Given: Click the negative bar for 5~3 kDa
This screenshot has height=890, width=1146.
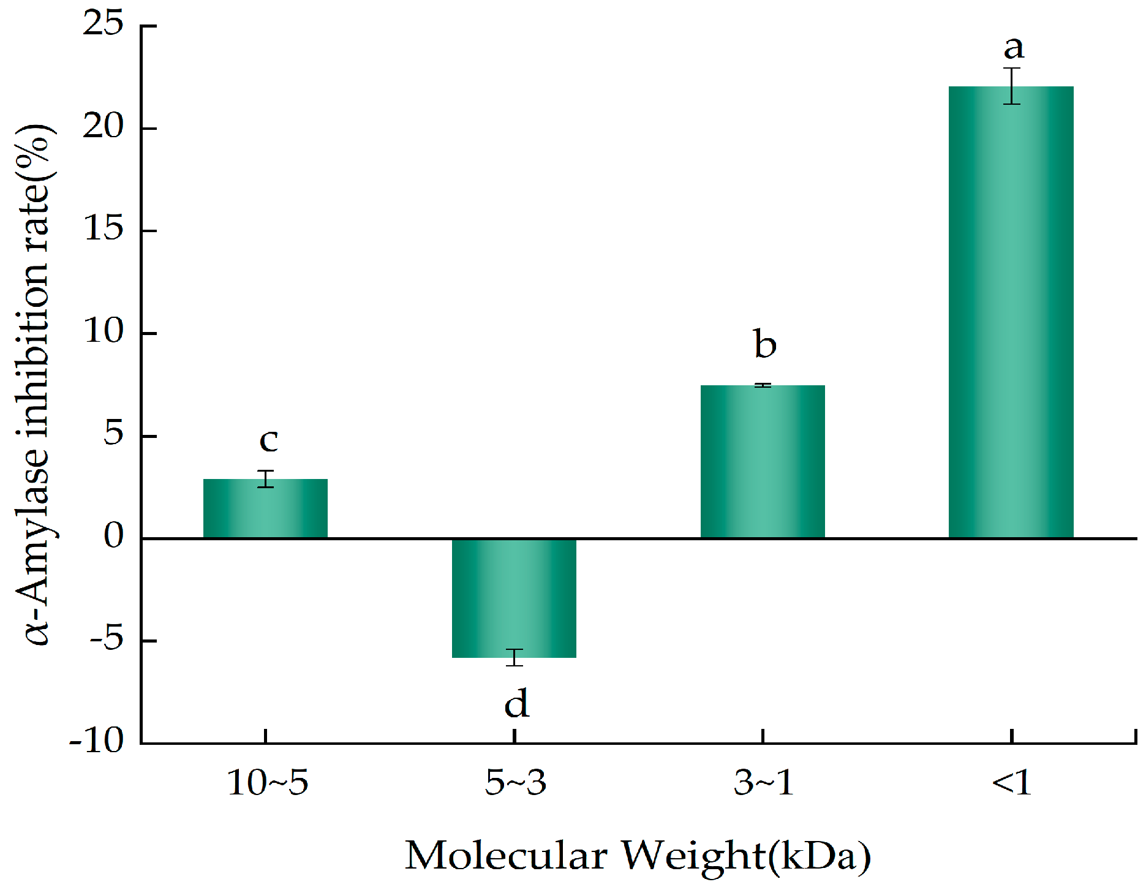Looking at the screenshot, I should click(514, 598).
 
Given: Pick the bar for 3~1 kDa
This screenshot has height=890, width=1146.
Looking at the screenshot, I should click(763, 462).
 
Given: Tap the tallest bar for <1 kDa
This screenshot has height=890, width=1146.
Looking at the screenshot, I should click(1011, 312).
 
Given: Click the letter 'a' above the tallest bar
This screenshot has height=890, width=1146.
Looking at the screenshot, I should click(1014, 48).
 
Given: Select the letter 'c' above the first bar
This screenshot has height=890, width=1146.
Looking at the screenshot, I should click(269, 440).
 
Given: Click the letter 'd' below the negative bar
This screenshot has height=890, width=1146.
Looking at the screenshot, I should click(516, 703).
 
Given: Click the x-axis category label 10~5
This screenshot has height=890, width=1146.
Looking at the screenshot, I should click(267, 783).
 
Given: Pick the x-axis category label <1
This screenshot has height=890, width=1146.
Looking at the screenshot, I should click(1012, 783).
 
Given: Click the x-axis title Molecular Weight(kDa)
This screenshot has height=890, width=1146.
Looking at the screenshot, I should click(637, 856).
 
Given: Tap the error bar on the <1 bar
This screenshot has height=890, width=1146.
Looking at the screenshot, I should click(1012, 86).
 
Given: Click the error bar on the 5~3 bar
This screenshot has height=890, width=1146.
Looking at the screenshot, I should click(514, 657).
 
